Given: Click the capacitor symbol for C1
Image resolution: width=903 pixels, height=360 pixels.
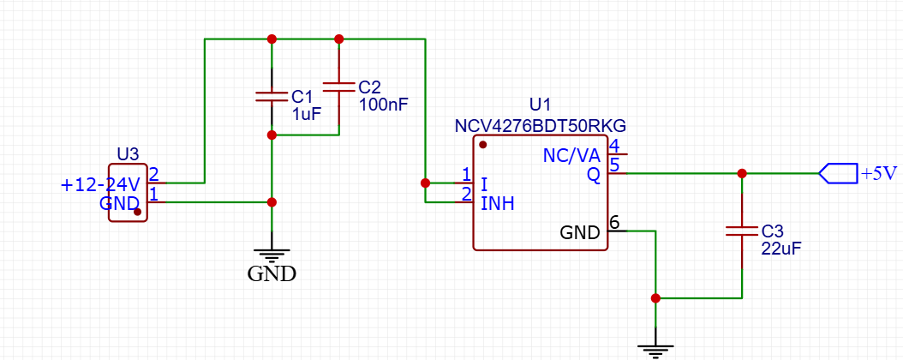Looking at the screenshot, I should coord(272,96).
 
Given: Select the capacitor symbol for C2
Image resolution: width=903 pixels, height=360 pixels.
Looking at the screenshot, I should coord(338,87).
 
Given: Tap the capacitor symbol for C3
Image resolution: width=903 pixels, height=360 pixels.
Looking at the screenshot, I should coord(742,231).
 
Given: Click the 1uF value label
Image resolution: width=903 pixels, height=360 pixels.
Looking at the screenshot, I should coord(306,113).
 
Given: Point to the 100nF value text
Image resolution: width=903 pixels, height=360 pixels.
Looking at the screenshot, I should coord(383,104).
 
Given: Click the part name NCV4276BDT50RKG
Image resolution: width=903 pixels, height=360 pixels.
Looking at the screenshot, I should coord(541,125).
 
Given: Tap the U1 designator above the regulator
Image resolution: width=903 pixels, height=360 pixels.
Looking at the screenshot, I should coord(541,105).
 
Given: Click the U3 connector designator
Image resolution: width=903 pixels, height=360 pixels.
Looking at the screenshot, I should coord(128,154).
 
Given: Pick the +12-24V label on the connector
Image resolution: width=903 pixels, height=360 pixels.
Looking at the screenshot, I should coord(100,184).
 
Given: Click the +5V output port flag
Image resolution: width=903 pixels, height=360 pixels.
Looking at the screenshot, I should coord(838,173).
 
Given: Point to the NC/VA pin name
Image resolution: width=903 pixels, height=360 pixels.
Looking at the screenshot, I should coord(571,155).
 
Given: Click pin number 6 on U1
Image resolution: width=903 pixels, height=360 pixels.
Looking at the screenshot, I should coord(614,223).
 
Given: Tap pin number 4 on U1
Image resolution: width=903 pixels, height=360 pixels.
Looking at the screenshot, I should coord(614,146).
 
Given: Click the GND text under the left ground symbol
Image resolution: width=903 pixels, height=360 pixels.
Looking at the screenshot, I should coord(272,274).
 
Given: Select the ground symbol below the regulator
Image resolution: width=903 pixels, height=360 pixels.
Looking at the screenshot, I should coord(655,348).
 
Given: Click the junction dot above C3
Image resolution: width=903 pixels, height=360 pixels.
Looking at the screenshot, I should coord(742,173).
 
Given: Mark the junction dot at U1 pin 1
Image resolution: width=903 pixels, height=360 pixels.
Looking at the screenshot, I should coord(425,183).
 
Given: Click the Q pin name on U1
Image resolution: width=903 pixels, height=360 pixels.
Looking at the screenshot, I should coord(593,175).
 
